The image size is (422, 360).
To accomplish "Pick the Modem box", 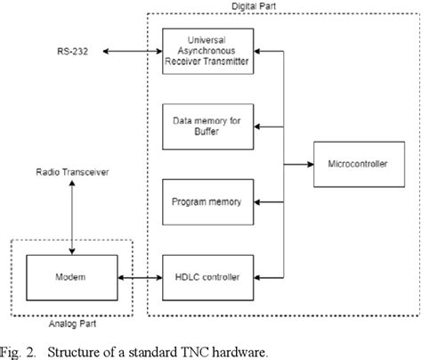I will point(67,277).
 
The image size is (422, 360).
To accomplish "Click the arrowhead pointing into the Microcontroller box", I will point(309,163).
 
